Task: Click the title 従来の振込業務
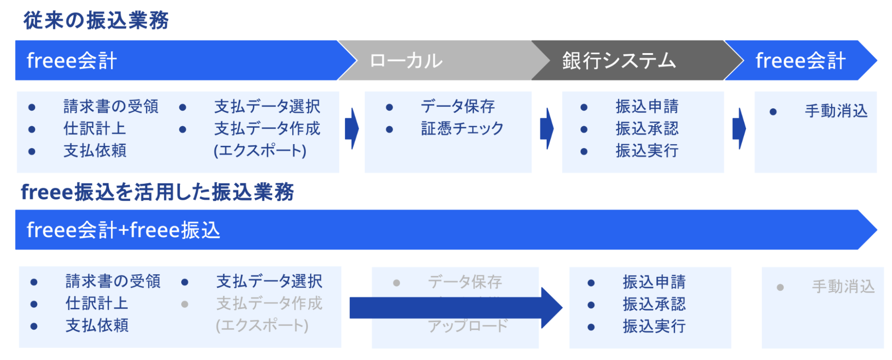click(x=96, y=21)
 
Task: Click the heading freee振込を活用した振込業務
click(x=157, y=192)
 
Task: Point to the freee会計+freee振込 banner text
click(x=123, y=230)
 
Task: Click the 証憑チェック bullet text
click(x=462, y=129)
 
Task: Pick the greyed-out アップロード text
click(x=468, y=326)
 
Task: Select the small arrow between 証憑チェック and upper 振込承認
click(x=547, y=129)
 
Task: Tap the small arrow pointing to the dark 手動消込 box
click(x=739, y=129)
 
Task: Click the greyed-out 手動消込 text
click(x=843, y=286)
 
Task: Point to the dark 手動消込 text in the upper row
click(x=836, y=111)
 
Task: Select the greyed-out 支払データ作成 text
click(x=269, y=304)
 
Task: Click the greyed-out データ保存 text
click(x=465, y=282)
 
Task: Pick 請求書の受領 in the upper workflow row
click(x=111, y=107)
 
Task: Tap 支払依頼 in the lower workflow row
click(x=97, y=326)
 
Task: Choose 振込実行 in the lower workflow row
click(x=654, y=327)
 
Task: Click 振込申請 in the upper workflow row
click(x=647, y=107)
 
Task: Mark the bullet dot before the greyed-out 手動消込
click(x=780, y=287)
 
